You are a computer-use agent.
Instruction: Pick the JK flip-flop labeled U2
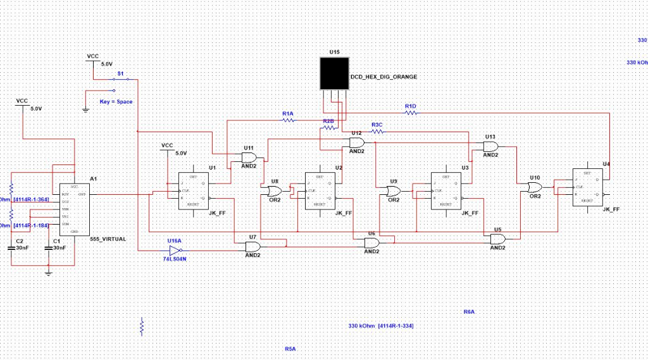[320, 190]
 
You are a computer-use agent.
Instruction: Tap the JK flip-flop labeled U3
[446, 190]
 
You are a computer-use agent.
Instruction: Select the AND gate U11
[249, 157]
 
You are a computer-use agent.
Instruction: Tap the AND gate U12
[357, 142]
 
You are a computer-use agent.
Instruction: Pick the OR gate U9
[394, 190]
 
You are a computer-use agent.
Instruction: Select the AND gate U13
[490, 146]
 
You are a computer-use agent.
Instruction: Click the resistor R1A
[288, 120]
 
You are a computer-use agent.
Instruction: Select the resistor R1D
[411, 112]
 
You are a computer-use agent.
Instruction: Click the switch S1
[120, 79]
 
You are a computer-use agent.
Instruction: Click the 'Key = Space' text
[116, 101]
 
